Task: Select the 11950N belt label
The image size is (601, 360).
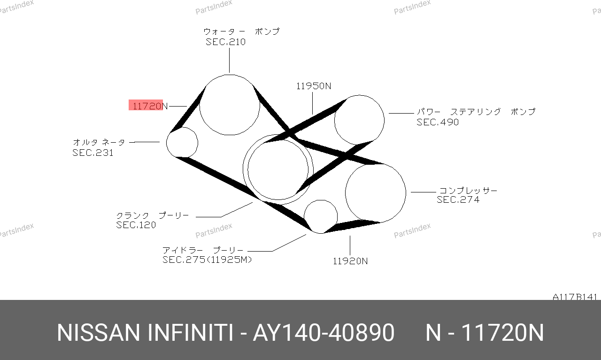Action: coord(314,86)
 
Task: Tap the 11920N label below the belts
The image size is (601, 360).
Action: coord(350,261)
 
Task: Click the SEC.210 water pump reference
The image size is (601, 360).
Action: coord(226,42)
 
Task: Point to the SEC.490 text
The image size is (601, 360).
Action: coord(438,122)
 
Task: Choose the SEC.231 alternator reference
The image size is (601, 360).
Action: coord(93,153)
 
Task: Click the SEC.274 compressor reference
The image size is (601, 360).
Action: coord(458,199)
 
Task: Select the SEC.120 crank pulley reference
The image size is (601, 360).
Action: coord(136,225)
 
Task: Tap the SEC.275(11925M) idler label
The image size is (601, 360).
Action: coord(207,260)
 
